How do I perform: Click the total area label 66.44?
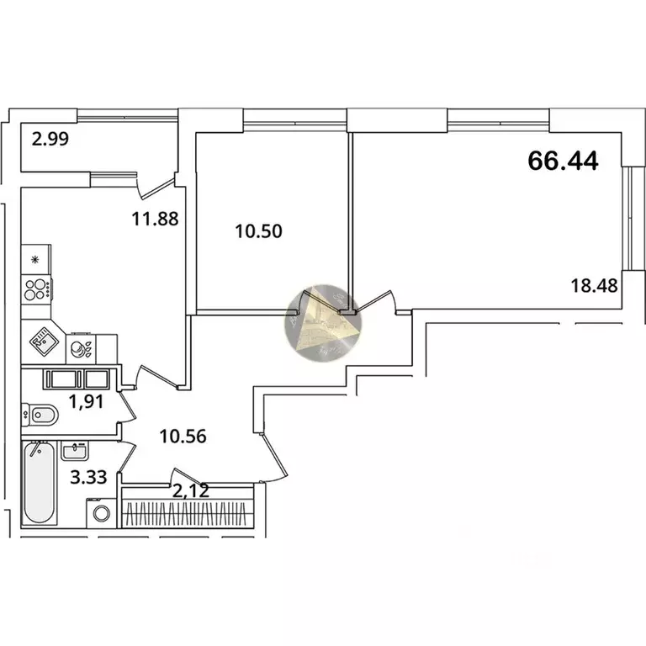tap(563, 161)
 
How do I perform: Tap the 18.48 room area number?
tap(594, 285)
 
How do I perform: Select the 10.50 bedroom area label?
tap(259, 231)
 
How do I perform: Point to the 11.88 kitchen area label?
tap(155, 219)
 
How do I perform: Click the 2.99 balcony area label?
tap(50, 139)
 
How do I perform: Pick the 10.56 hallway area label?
tap(183, 436)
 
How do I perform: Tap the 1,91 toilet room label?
tap(86, 402)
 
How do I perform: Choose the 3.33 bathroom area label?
tap(88, 478)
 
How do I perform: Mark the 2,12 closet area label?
tap(191, 490)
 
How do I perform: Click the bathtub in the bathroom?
tap(40, 483)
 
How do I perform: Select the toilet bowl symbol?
tap(40, 415)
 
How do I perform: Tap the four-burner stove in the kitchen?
tap(37, 289)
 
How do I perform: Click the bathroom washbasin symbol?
tap(74, 450)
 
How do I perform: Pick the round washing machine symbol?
tap(102, 513)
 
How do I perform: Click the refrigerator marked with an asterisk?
tap(36, 260)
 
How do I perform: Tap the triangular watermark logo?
tap(323, 322)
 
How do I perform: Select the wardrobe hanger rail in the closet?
tap(188, 514)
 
